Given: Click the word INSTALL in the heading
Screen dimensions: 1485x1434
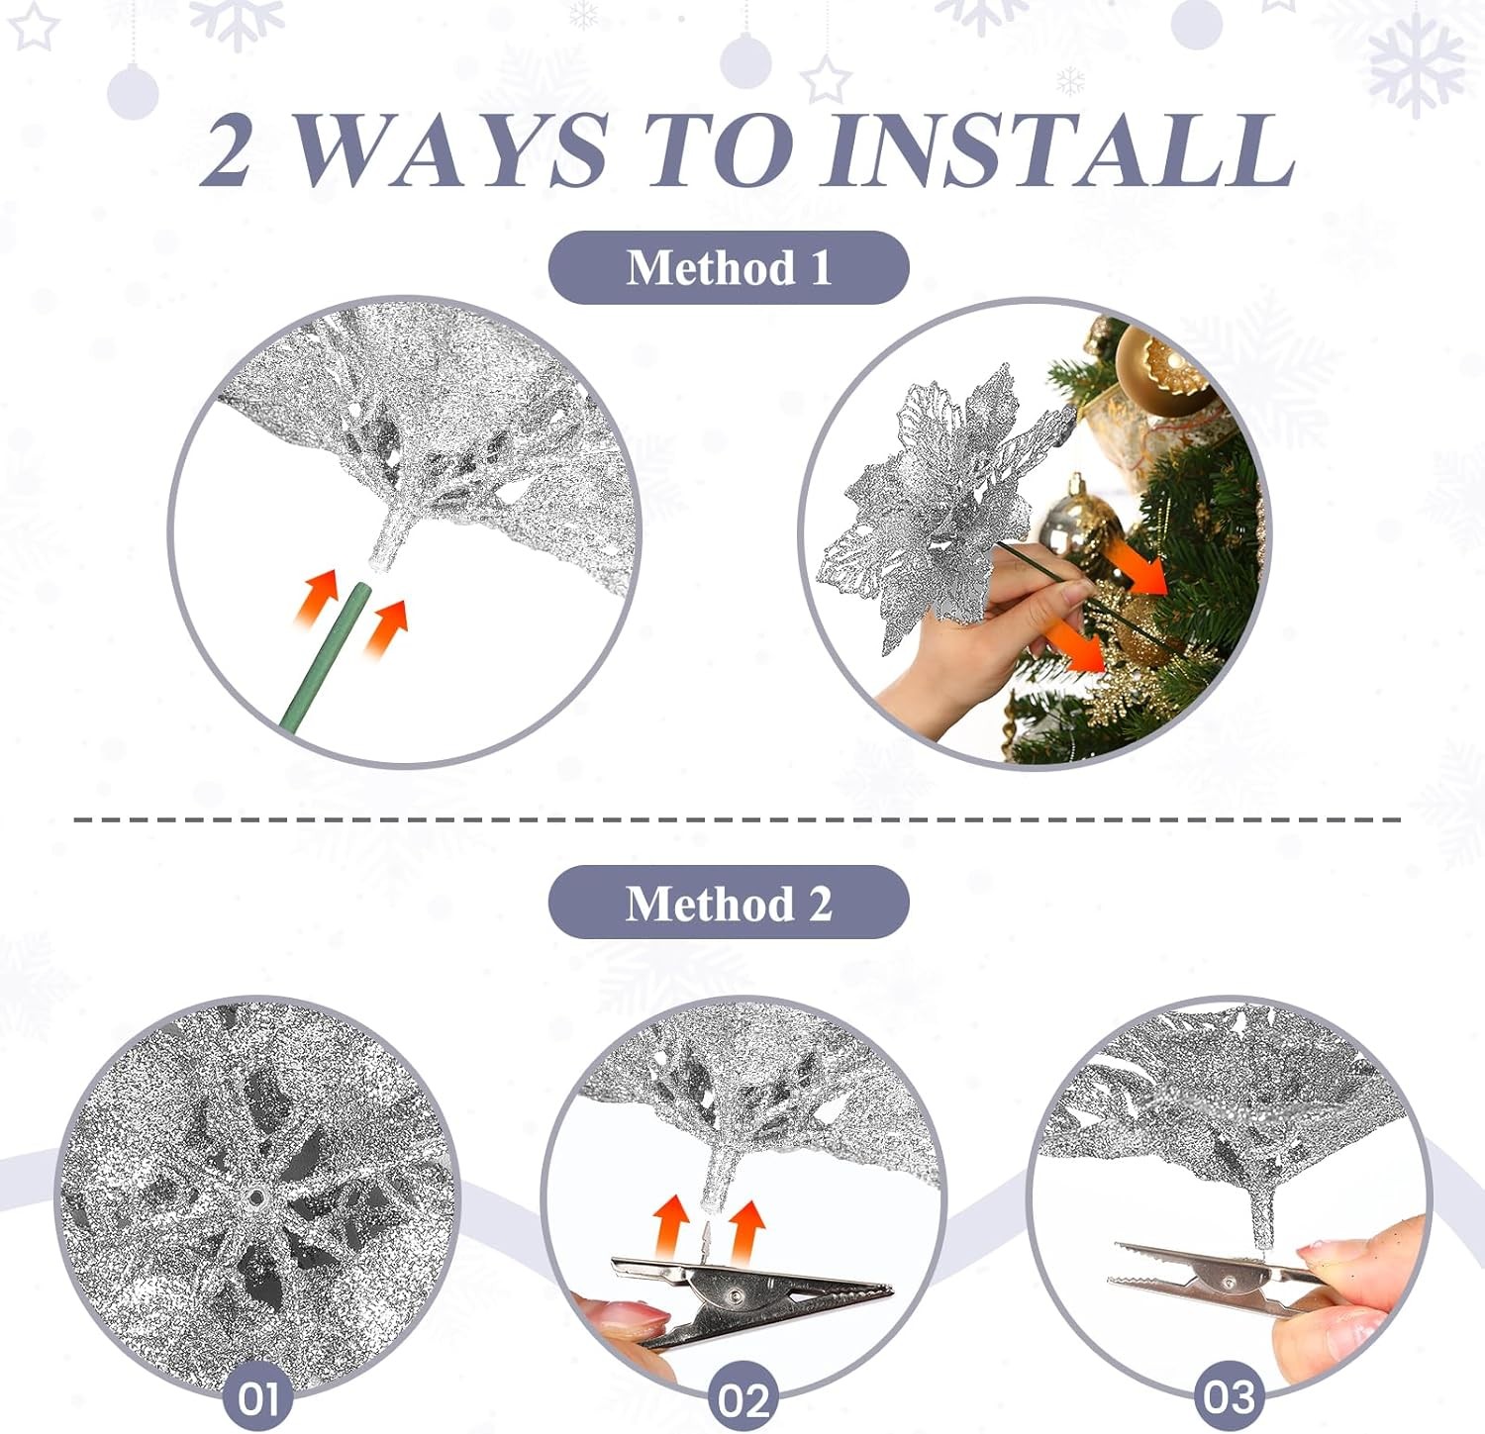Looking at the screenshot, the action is click(x=1059, y=149).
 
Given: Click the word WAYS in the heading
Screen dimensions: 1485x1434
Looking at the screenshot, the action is click(x=450, y=149).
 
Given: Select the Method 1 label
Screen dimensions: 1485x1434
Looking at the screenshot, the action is click(x=729, y=267).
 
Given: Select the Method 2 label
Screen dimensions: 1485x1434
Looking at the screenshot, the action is click(x=729, y=903).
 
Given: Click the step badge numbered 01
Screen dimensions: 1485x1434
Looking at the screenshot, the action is click(x=257, y=1398).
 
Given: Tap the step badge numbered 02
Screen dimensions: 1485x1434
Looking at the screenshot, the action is click(x=743, y=1399).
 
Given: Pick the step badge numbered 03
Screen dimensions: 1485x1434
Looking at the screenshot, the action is click(x=1229, y=1397).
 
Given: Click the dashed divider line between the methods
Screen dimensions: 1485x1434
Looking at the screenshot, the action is click(x=738, y=819).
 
